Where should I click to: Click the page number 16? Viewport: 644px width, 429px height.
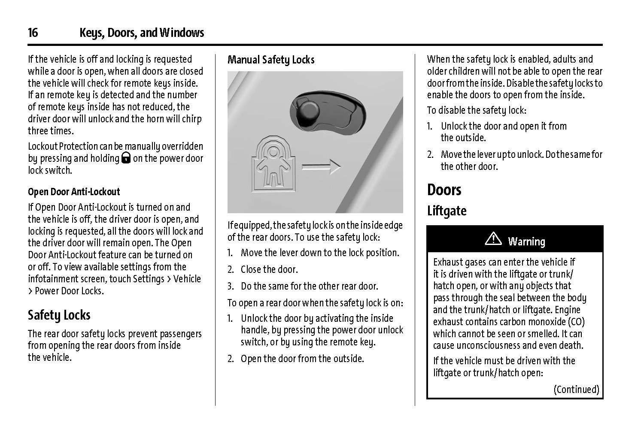click(33, 33)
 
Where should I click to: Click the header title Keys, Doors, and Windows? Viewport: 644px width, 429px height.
click(142, 33)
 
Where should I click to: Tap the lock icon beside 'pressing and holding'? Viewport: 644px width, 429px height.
click(126, 159)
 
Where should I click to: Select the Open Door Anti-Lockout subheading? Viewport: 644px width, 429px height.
click(74, 192)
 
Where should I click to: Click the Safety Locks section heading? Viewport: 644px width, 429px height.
click(59, 315)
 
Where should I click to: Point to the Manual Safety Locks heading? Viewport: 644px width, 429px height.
click(271, 60)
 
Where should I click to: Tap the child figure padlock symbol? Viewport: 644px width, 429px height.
click(271, 163)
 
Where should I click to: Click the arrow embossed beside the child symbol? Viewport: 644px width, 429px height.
click(321, 167)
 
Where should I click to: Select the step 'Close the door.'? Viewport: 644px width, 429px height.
click(269, 270)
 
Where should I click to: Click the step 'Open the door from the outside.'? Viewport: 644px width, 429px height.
click(302, 359)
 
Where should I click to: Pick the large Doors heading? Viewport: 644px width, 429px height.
click(444, 190)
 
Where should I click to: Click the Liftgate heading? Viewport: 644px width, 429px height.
click(447, 211)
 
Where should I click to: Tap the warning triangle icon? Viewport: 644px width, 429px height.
click(493, 239)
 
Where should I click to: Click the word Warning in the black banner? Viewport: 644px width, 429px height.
click(526, 242)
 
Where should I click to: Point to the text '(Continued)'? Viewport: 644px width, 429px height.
click(576, 390)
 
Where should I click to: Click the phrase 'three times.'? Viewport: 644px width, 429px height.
click(51, 131)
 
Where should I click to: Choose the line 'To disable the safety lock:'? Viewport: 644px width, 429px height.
click(476, 111)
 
